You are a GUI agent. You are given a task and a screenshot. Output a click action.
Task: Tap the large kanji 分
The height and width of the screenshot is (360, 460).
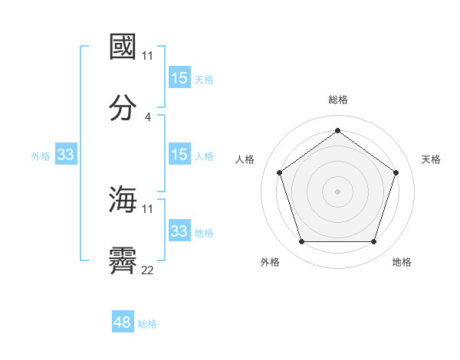[x=123, y=108]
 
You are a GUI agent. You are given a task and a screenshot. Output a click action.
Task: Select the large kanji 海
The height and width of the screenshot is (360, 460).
[x=123, y=200]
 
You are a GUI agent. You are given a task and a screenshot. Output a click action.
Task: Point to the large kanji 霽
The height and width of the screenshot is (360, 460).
[x=123, y=261]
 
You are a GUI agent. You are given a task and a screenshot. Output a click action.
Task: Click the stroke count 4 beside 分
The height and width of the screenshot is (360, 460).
[x=147, y=117]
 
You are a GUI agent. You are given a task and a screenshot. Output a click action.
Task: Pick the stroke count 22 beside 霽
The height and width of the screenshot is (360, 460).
[x=147, y=270]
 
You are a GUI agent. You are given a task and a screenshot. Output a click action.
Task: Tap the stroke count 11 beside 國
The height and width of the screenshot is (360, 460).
[x=147, y=56]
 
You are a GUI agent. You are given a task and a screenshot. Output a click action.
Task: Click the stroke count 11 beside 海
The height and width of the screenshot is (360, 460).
[x=147, y=209]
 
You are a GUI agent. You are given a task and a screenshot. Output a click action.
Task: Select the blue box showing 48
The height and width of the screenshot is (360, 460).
[x=123, y=322]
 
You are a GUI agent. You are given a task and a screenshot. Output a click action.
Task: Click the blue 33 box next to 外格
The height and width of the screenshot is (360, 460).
[x=66, y=155]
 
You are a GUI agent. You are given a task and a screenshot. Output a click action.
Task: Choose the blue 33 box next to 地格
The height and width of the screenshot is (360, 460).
[x=179, y=231]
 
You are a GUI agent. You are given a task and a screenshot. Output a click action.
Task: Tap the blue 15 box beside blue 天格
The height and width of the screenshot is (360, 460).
[x=179, y=78]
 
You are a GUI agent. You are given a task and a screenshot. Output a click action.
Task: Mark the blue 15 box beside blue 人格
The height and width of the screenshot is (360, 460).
[x=179, y=155]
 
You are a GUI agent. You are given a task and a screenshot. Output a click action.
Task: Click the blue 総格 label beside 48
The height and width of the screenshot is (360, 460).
[x=147, y=324]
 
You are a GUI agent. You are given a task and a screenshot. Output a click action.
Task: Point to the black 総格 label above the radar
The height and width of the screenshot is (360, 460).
[x=337, y=100]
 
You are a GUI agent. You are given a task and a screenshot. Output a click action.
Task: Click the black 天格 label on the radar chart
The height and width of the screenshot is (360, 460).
[x=431, y=159]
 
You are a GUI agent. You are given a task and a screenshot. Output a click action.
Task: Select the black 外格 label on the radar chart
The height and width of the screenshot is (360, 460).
[x=270, y=262]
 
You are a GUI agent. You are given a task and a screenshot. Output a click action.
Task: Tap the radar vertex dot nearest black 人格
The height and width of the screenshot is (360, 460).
[x=279, y=172]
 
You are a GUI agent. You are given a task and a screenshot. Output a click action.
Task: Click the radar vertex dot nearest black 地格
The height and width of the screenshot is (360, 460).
[x=373, y=242]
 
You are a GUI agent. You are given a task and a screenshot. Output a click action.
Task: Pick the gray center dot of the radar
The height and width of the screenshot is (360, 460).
[x=337, y=191]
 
